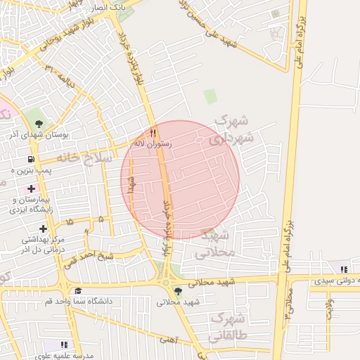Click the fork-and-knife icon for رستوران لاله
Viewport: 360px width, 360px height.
coord(153,132)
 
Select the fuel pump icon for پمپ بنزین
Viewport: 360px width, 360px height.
coord(31,160)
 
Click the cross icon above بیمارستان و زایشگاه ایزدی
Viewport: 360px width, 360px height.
coord(31,188)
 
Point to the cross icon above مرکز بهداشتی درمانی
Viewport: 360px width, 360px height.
coord(44,229)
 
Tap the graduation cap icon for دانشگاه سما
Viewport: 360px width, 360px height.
coord(78,290)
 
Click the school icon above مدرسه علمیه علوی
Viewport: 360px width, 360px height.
coord(65,345)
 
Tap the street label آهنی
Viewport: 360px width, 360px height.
coord(167,340)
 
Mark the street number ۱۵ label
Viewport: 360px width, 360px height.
coord(69,222)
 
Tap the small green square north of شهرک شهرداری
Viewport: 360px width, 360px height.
coord(210,96)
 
